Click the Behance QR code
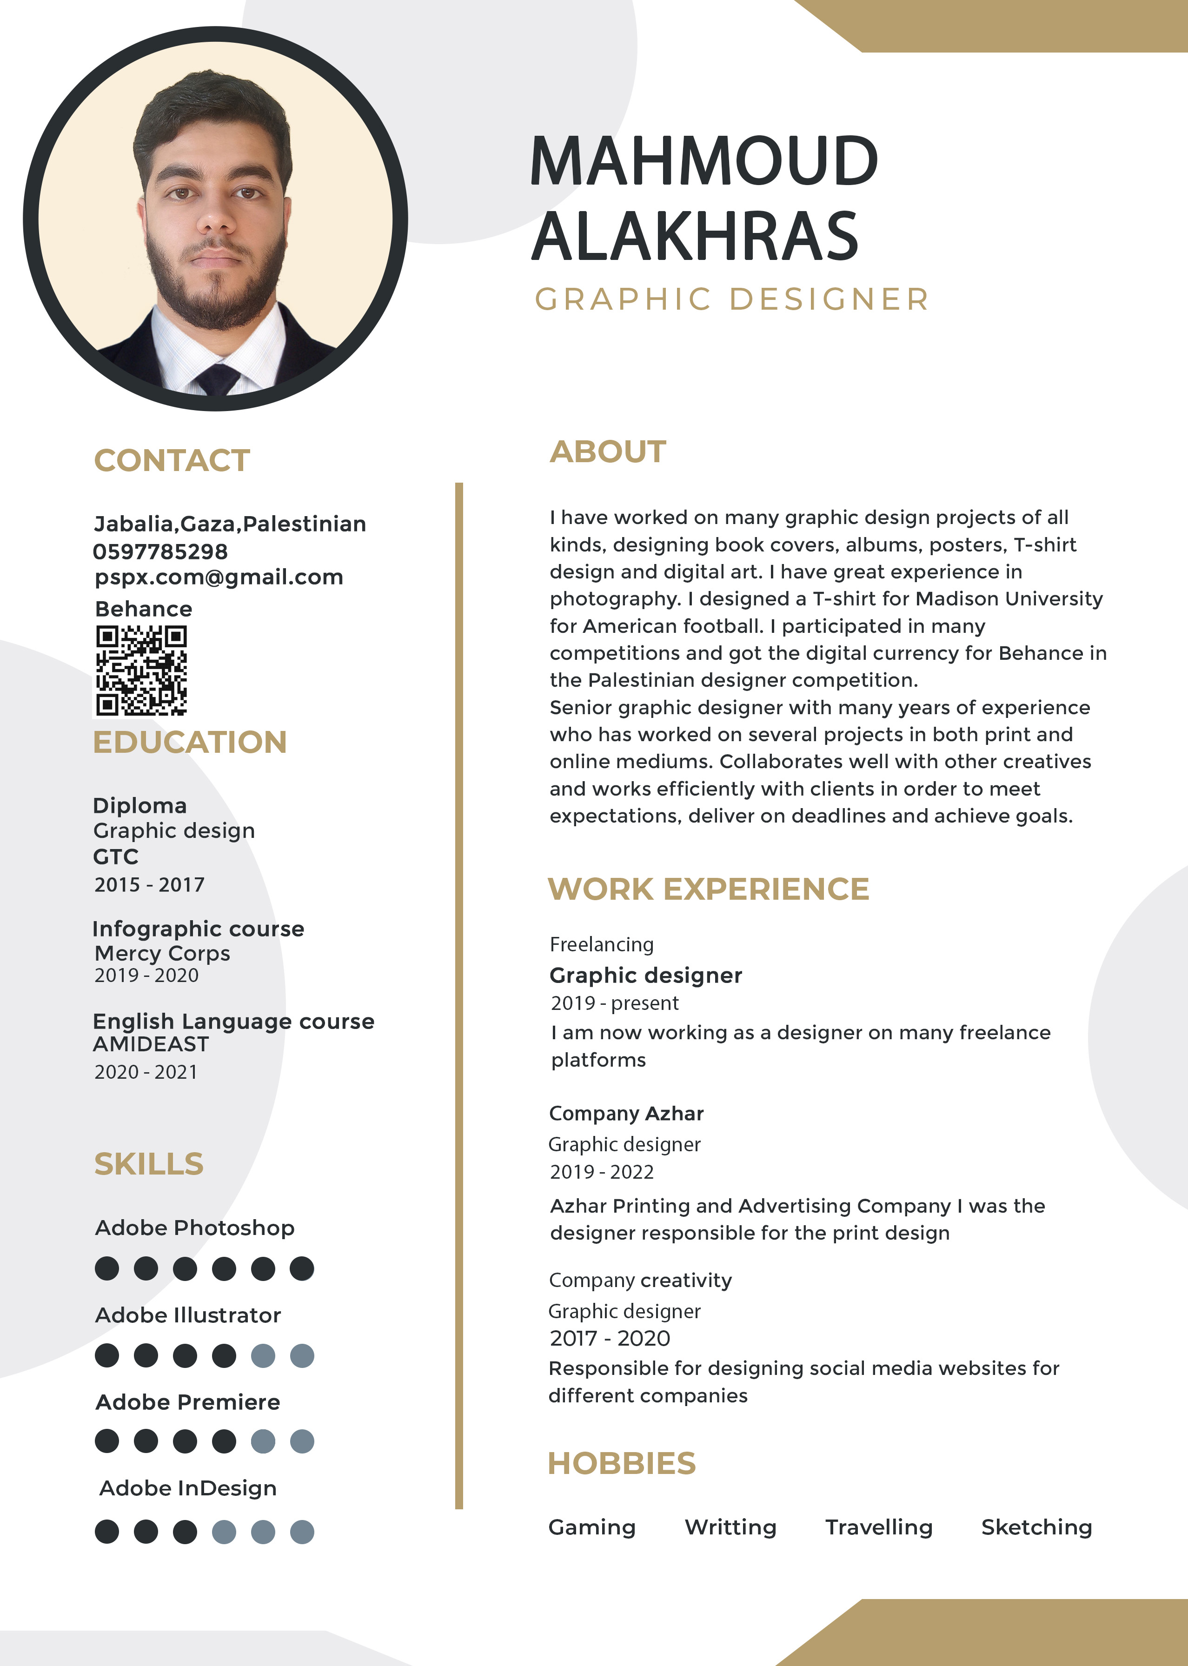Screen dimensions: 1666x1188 click(x=141, y=670)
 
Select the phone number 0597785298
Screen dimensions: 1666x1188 click(x=160, y=551)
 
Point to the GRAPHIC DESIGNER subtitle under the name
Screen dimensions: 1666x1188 click(x=731, y=299)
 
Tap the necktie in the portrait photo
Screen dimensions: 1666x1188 click(x=217, y=378)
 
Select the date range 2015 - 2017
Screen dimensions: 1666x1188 click(x=149, y=885)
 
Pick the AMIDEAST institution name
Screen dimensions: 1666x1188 click(x=151, y=1044)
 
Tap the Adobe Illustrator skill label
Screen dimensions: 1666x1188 click(x=188, y=1315)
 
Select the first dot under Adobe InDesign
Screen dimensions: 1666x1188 click(x=107, y=1532)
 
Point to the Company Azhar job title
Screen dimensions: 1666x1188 click(x=626, y=1113)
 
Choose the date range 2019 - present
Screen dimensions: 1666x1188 click(x=615, y=1002)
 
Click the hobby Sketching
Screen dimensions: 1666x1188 click(x=1036, y=1527)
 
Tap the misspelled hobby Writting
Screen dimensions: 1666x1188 click(x=730, y=1527)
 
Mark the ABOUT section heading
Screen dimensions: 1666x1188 click(x=608, y=452)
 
